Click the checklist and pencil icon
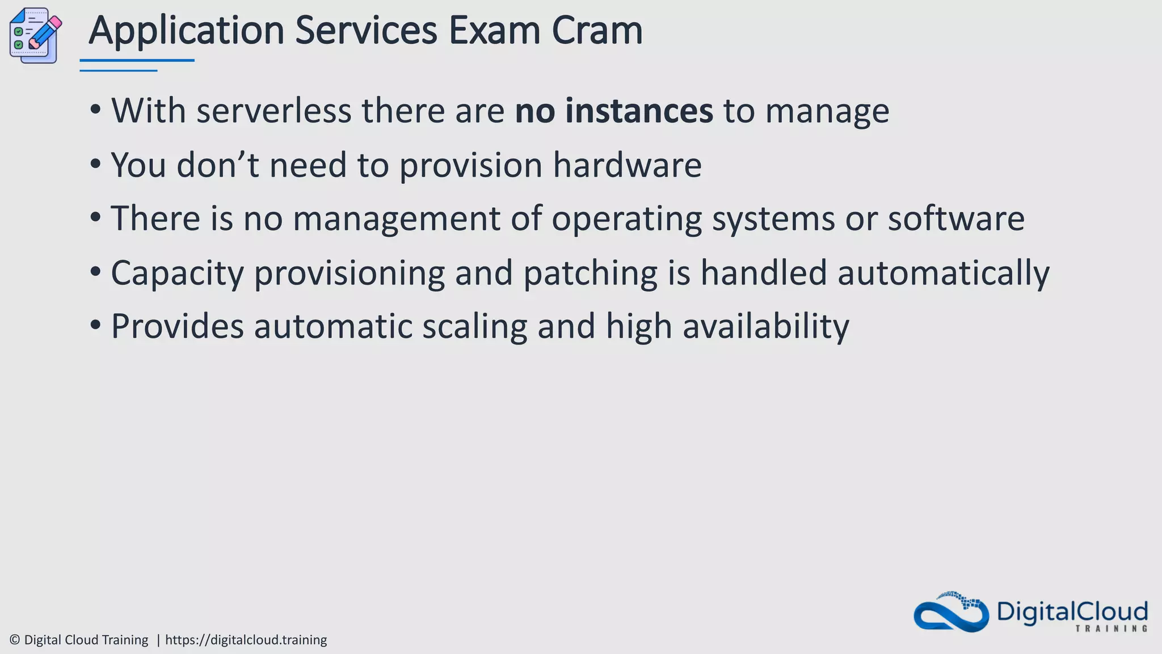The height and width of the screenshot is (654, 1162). point(35,35)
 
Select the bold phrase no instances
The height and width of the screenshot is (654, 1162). point(613,111)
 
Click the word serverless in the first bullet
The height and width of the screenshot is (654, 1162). point(273,111)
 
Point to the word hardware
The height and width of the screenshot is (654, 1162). point(627,165)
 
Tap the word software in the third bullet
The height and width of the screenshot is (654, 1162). point(956,219)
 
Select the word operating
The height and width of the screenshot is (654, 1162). point(626,220)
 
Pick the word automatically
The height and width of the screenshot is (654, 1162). point(943,274)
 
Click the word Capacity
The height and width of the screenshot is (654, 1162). point(177,274)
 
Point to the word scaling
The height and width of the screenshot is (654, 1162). point(474,327)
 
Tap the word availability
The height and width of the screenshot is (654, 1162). point(765,327)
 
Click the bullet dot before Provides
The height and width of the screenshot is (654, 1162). point(95,325)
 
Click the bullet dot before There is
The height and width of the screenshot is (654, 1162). point(95,217)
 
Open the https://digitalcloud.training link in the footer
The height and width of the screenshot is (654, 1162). point(246,640)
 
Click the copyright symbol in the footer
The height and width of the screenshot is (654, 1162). point(15,640)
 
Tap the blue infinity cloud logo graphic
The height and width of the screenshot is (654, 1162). point(951,613)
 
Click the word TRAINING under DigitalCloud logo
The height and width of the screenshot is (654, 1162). point(1112,628)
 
